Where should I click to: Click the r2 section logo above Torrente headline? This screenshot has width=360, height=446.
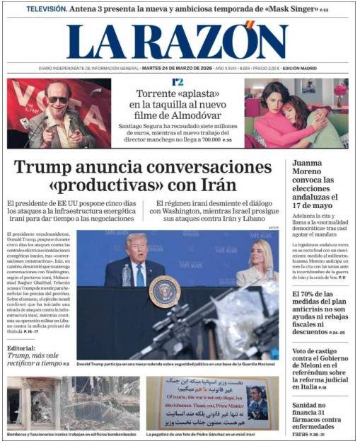[x=178, y=82]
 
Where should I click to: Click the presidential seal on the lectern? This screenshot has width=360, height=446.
[x=164, y=291]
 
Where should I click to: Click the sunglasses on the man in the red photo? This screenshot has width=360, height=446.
[x=57, y=100]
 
